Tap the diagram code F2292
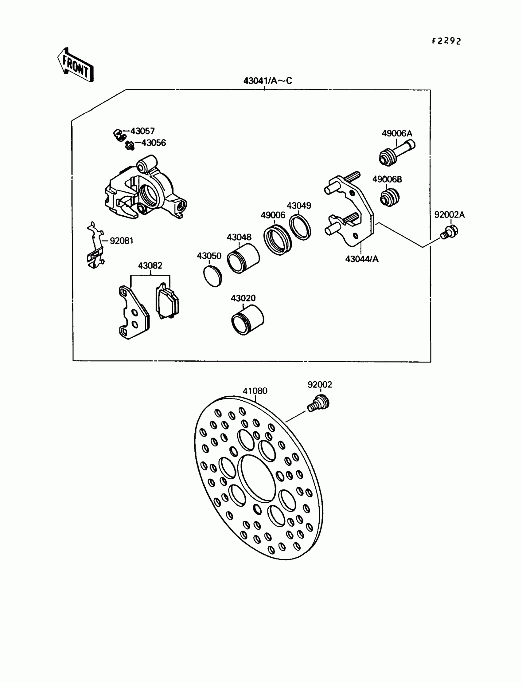pos(446,41)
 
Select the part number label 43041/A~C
pos(267,81)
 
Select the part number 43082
pos(150,265)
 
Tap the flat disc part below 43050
pos(212,276)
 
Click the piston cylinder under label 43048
pos(243,258)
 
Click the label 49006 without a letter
pos(272,215)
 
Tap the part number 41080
pos(255,391)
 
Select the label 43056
pos(154,143)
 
